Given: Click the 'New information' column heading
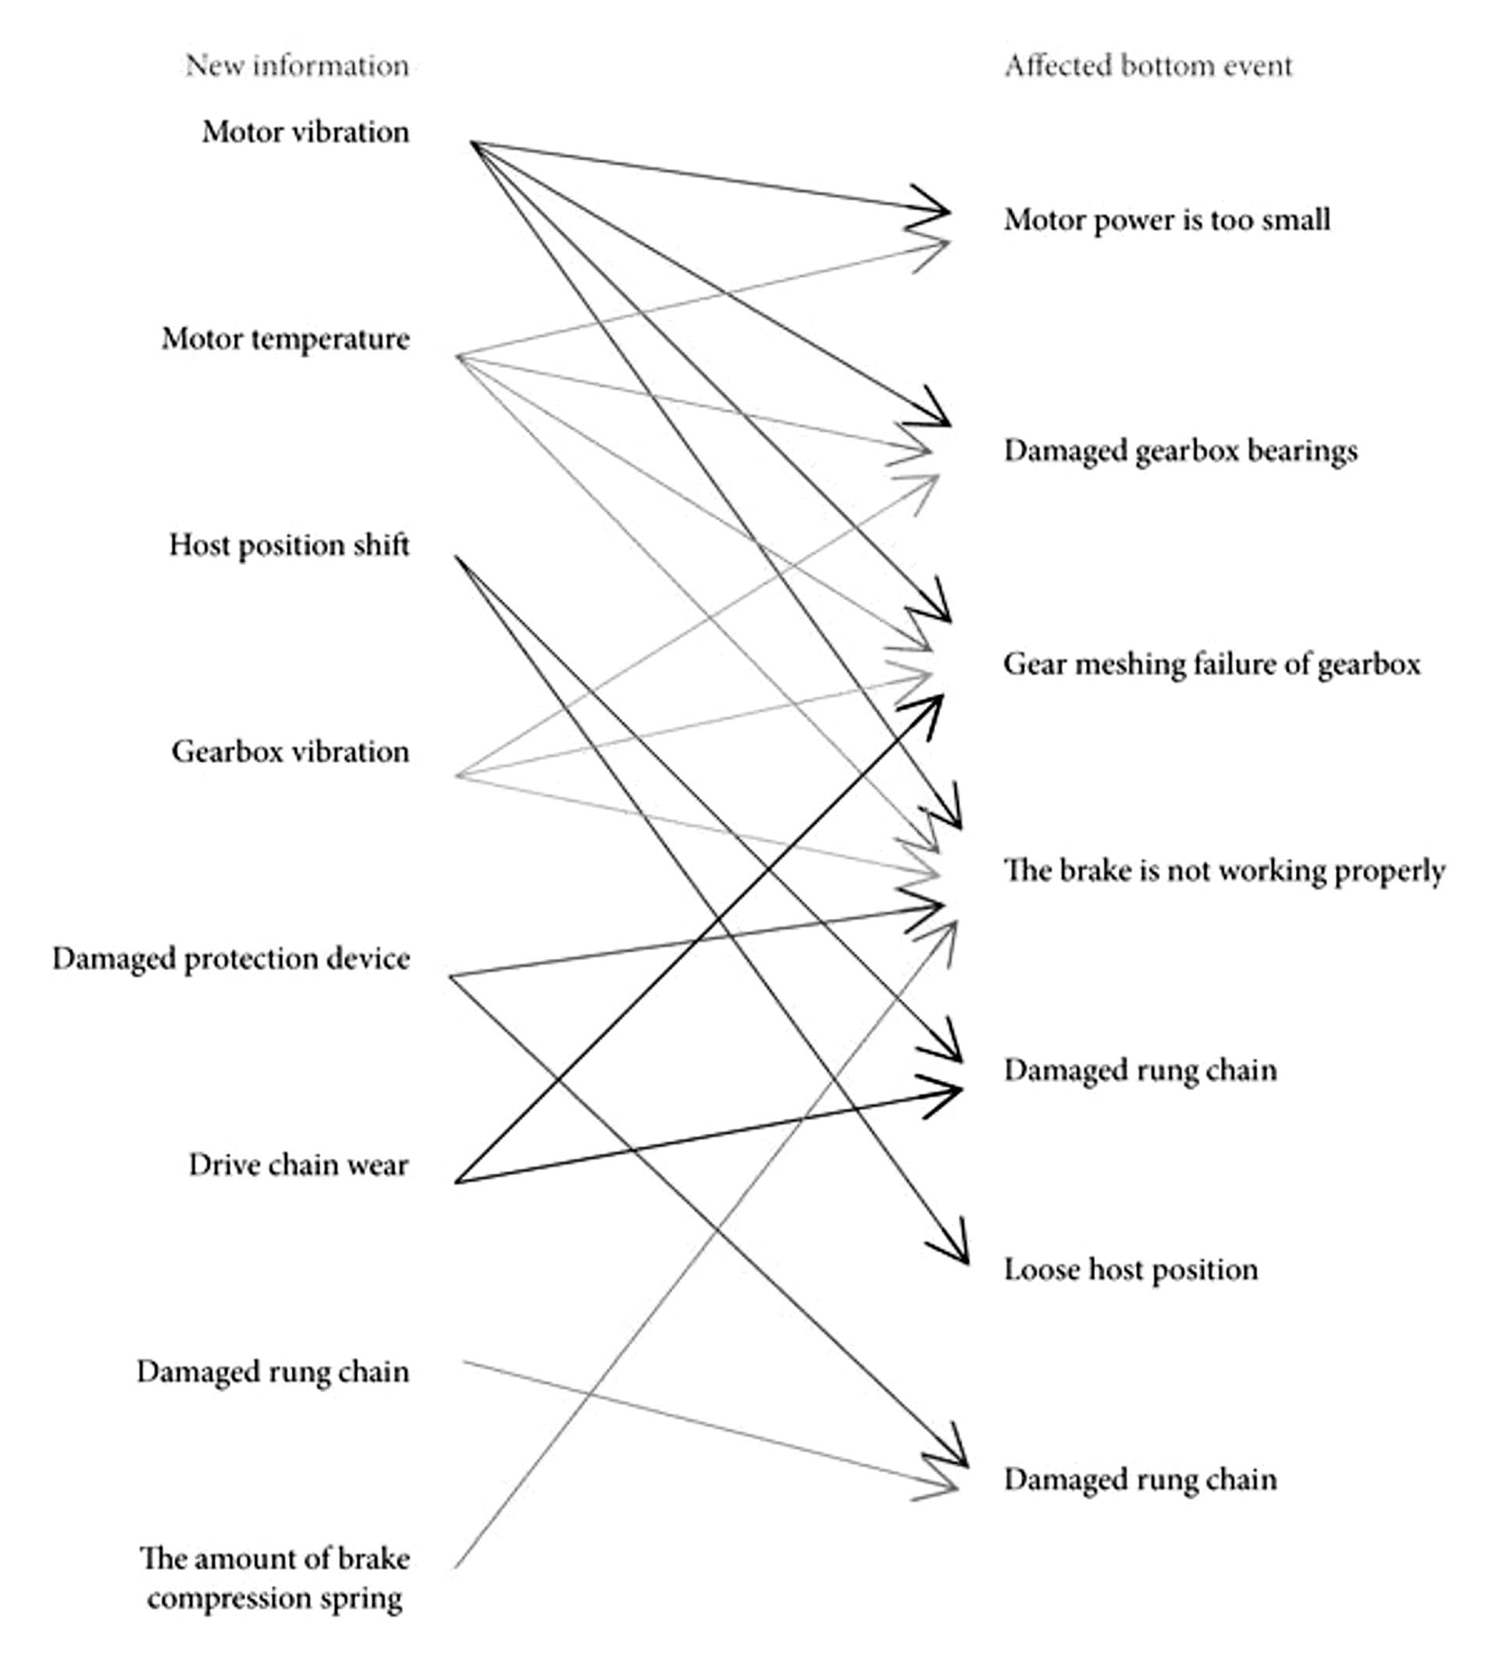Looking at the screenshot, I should pos(297,66).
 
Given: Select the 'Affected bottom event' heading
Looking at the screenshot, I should pos(1148,66).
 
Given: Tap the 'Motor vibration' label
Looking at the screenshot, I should pos(305,132).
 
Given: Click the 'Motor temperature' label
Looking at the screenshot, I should pos(285,339).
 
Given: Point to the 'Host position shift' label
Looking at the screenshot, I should pos(288,545).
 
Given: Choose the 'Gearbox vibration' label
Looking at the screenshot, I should pos(290,752).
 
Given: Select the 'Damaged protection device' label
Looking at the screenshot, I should pos(230,959).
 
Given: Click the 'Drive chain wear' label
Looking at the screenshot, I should pos(298,1165).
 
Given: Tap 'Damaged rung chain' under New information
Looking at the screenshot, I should pos(272,1372).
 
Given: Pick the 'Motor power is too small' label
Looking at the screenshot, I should pos(1166,220).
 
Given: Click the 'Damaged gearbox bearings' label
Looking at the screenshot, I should pos(1180,451).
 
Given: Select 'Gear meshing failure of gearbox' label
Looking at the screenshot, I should pos(1211,664).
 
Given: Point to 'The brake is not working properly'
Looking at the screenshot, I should pos(1223,870).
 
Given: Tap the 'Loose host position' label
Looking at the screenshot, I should pos(1130,1269).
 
